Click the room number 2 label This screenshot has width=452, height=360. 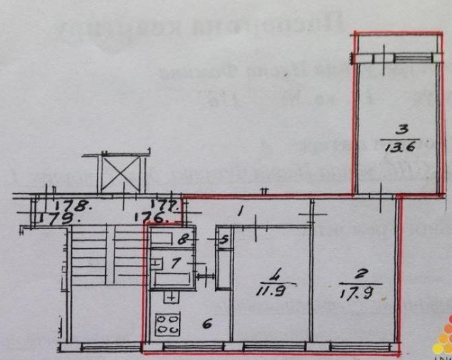click(x=358, y=278)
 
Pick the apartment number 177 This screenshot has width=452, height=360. click(x=166, y=205)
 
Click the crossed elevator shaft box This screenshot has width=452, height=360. click(x=120, y=169)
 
